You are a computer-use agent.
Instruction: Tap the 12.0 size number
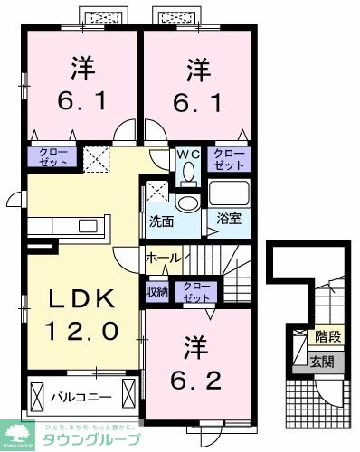[x=78, y=332]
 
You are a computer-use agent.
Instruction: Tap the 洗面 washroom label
[x=163, y=221]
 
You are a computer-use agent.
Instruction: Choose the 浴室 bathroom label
[x=217, y=221]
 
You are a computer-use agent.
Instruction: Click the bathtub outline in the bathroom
[x=228, y=193]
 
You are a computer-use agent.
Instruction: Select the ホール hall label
[x=164, y=258]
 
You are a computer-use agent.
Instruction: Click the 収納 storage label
[x=156, y=291]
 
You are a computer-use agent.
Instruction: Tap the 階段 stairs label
[x=327, y=337]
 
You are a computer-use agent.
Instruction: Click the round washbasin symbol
[x=187, y=202]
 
